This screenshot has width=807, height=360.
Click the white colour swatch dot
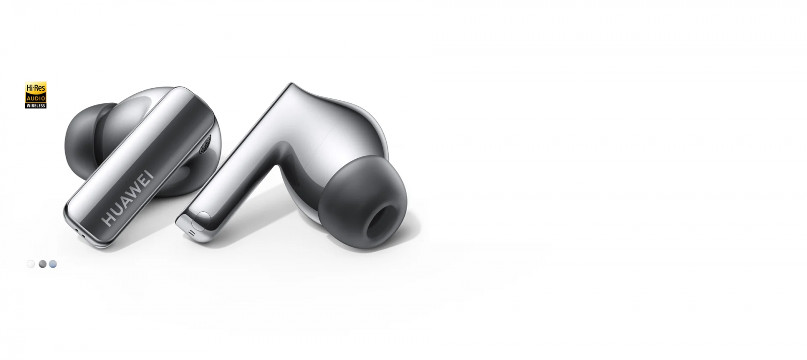[31, 264]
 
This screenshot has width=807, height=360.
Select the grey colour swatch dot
[42, 264]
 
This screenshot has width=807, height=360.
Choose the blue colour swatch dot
[53, 264]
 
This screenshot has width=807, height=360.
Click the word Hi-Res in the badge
[36, 88]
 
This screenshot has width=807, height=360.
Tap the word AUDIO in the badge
[36, 98]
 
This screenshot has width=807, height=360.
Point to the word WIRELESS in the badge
[36, 105]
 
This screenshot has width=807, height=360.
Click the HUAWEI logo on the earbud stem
[127, 198]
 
